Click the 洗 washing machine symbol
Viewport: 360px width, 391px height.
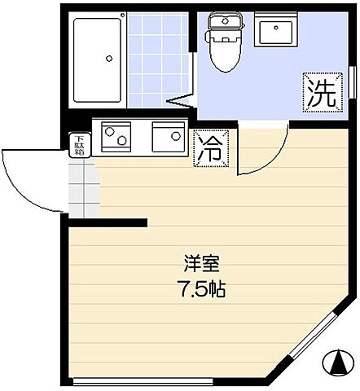320,91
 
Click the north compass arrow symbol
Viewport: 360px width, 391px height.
336,363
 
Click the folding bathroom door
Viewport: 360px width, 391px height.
182,103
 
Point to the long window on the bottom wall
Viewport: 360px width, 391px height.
175,380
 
